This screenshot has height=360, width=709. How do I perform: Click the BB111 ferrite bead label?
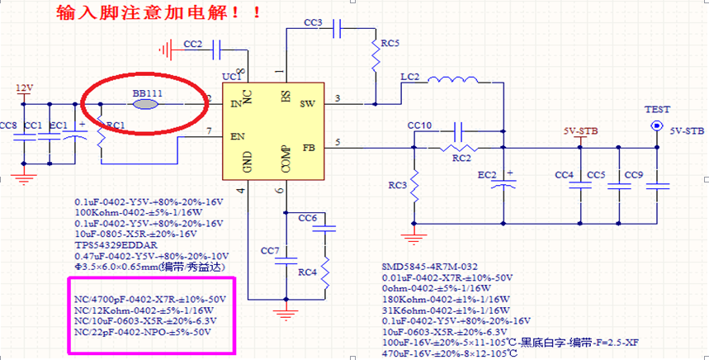tap(147, 94)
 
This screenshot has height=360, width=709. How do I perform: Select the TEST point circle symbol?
tap(658, 126)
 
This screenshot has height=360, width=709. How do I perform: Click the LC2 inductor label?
tap(409, 77)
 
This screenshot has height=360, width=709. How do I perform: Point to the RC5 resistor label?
tap(390, 43)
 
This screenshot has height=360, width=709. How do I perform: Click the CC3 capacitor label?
tap(313, 23)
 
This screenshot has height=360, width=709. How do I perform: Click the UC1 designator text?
tap(232, 76)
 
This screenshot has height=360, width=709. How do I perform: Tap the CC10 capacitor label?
tap(419, 126)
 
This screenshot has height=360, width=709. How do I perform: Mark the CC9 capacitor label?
tap(634, 175)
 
